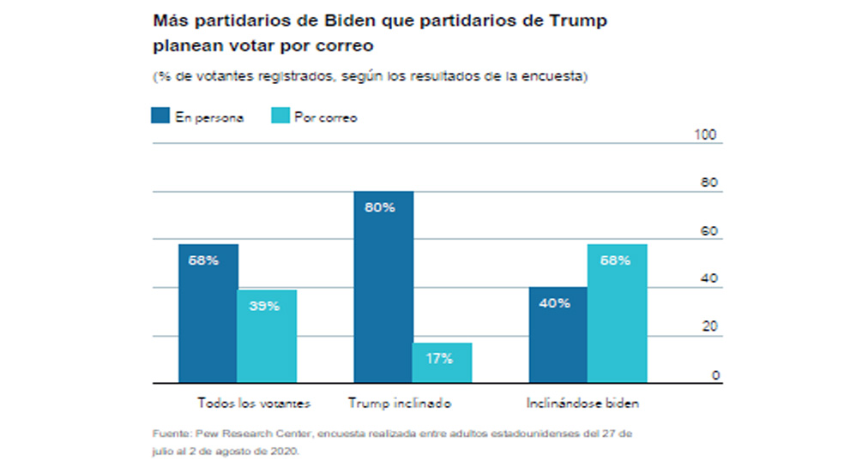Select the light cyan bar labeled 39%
pyautogui.click(x=267, y=336)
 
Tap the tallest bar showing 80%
pyautogui.click(x=383, y=286)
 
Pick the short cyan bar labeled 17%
pyautogui.click(x=442, y=362)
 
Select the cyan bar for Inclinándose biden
pyautogui.click(x=617, y=313)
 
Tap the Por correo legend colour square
pyautogui.click(x=280, y=117)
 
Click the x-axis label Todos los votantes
pyautogui.click(x=253, y=402)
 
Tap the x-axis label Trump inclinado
pyautogui.click(x=399, y=402)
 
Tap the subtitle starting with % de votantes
pyautogui.click(x=370, y=76)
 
